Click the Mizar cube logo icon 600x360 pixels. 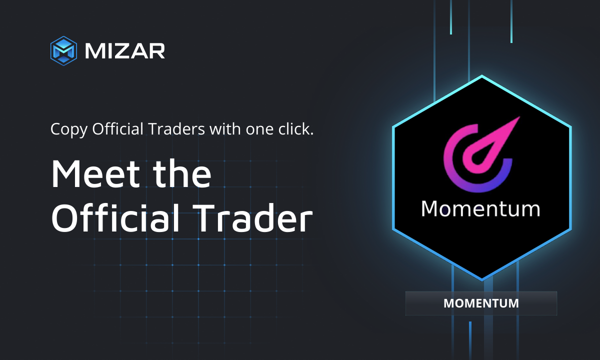click(x=63, y=50)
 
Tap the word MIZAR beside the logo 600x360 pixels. click(x=124, y=50)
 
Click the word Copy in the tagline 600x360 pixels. click(x=69, y=129)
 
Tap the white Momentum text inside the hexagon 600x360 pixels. click(x=480, y=208)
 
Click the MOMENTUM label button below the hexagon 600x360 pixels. click(x=481, y=303)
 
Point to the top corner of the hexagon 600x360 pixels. click(x=481, y=76)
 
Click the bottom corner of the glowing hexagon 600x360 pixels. click(x=481, y=279)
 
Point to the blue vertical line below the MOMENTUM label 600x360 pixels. click(x=470, y=340)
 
